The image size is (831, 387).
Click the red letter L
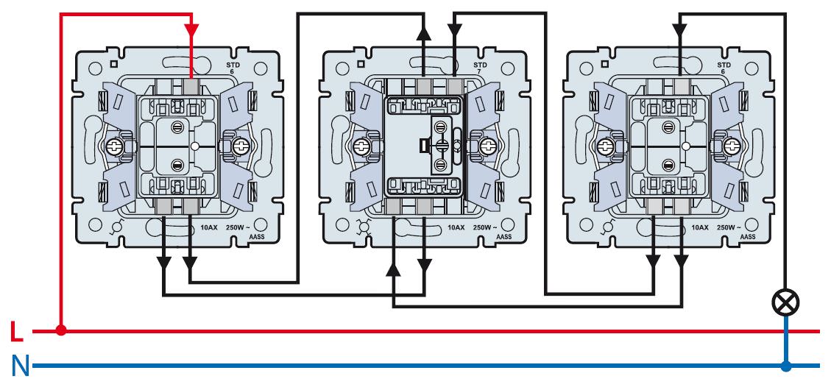tap(17, 333)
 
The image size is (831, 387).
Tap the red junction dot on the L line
tap(61, 331)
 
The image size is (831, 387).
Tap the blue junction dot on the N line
tap(787, 366)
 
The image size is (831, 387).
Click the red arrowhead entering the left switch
tap(191, 32)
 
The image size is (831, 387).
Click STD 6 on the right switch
tap(725, 69)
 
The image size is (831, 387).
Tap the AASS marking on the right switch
tap(747, 237)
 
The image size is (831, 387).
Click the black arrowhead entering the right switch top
tap(678, 31)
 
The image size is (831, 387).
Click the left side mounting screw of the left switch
tap(115, 147)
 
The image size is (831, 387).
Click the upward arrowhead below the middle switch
tap(395, 271)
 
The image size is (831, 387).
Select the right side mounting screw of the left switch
tap(241, 147)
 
